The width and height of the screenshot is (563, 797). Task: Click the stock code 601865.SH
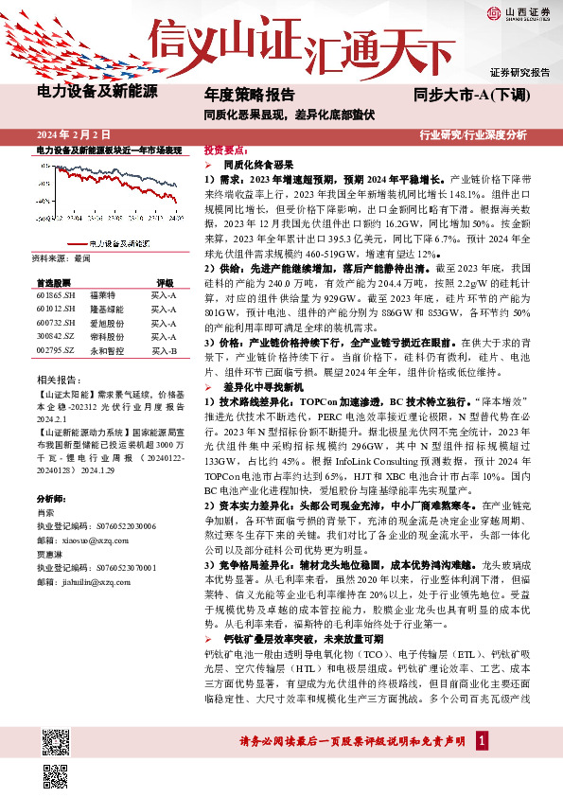[x=57, y=295]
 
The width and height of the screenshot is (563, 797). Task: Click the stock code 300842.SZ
[x=57, y=337]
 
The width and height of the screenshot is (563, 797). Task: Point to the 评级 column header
[x=165, y=282]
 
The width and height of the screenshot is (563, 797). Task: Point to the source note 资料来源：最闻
[x=61, y=258]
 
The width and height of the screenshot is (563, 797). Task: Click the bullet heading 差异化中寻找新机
[x=262, y=388]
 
